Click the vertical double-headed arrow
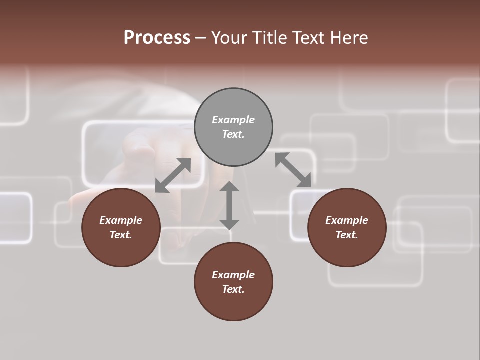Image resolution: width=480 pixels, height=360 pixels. (229, 205)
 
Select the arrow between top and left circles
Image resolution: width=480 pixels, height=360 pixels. (173, 175)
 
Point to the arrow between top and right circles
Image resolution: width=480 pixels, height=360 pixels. (293, 170)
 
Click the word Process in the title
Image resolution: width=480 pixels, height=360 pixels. (157, 38)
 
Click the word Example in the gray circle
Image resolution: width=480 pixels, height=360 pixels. (233, 120)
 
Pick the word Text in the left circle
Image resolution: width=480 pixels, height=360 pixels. (121, 235)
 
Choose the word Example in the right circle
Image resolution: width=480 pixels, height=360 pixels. (347, 220)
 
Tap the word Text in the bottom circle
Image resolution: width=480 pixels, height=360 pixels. (233, 289)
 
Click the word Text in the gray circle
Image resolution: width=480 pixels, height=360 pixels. (233, 134)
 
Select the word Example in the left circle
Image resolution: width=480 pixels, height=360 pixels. (121, 220)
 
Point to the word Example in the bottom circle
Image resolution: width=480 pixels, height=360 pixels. (233, 275)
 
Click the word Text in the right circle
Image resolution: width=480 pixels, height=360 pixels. (347, 235)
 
